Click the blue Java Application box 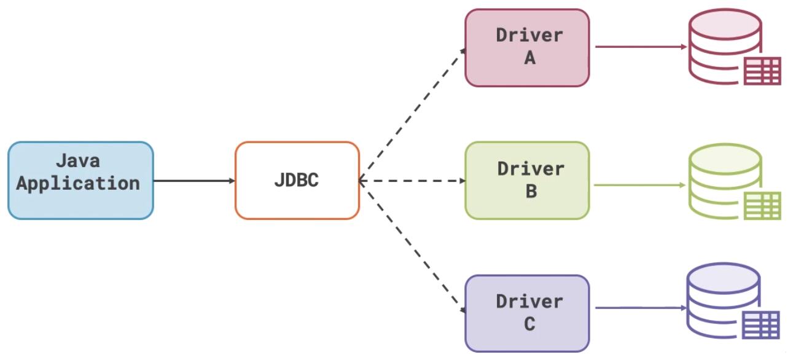click(80, 180)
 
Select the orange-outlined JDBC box click(297, 180)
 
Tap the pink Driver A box click(527, 47)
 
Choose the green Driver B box click(527, 180)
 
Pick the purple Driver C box click(527, 313)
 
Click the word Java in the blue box click(78, 162)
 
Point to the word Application click(78, 183)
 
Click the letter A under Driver click(529, 58)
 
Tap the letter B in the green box click(531, 191)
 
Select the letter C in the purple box click(529, 324)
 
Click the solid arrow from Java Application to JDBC click(193, 181)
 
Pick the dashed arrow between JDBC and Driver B click(412, 181)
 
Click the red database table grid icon click(762, 71)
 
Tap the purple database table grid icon click(761, 324)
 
